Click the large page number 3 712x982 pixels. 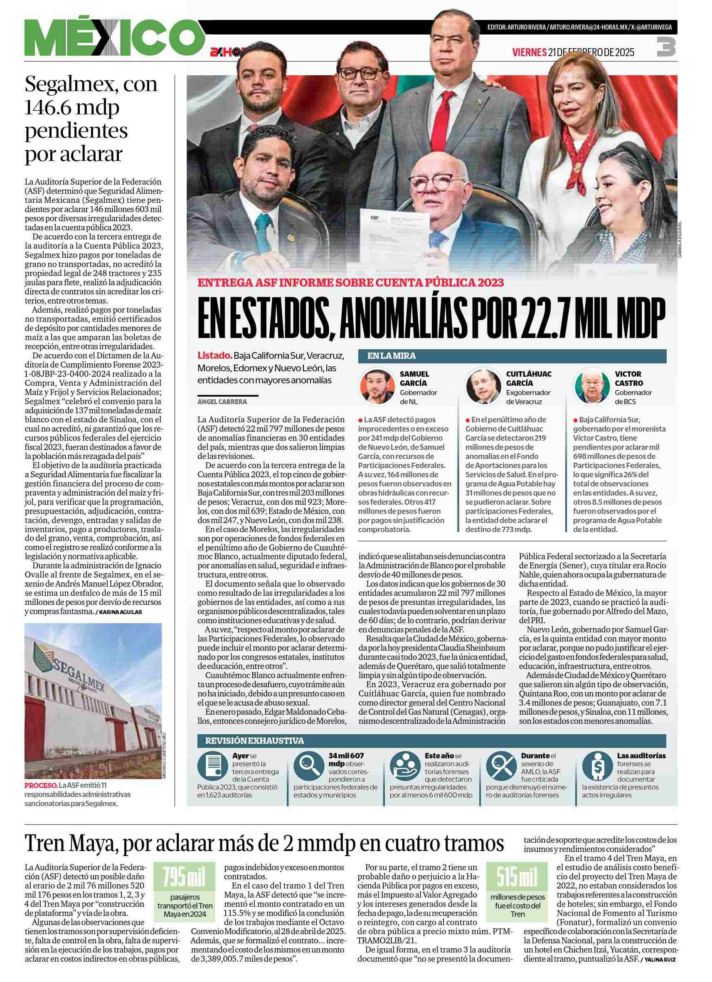tap(666, 46)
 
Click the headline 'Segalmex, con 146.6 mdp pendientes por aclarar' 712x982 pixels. tap(92, 119)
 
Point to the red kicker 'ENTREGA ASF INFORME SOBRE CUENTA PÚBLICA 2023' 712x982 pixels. tap(350, 283)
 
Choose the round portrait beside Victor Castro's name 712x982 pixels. tap(591, 387)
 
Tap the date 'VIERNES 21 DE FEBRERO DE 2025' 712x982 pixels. tap(573, 52)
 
